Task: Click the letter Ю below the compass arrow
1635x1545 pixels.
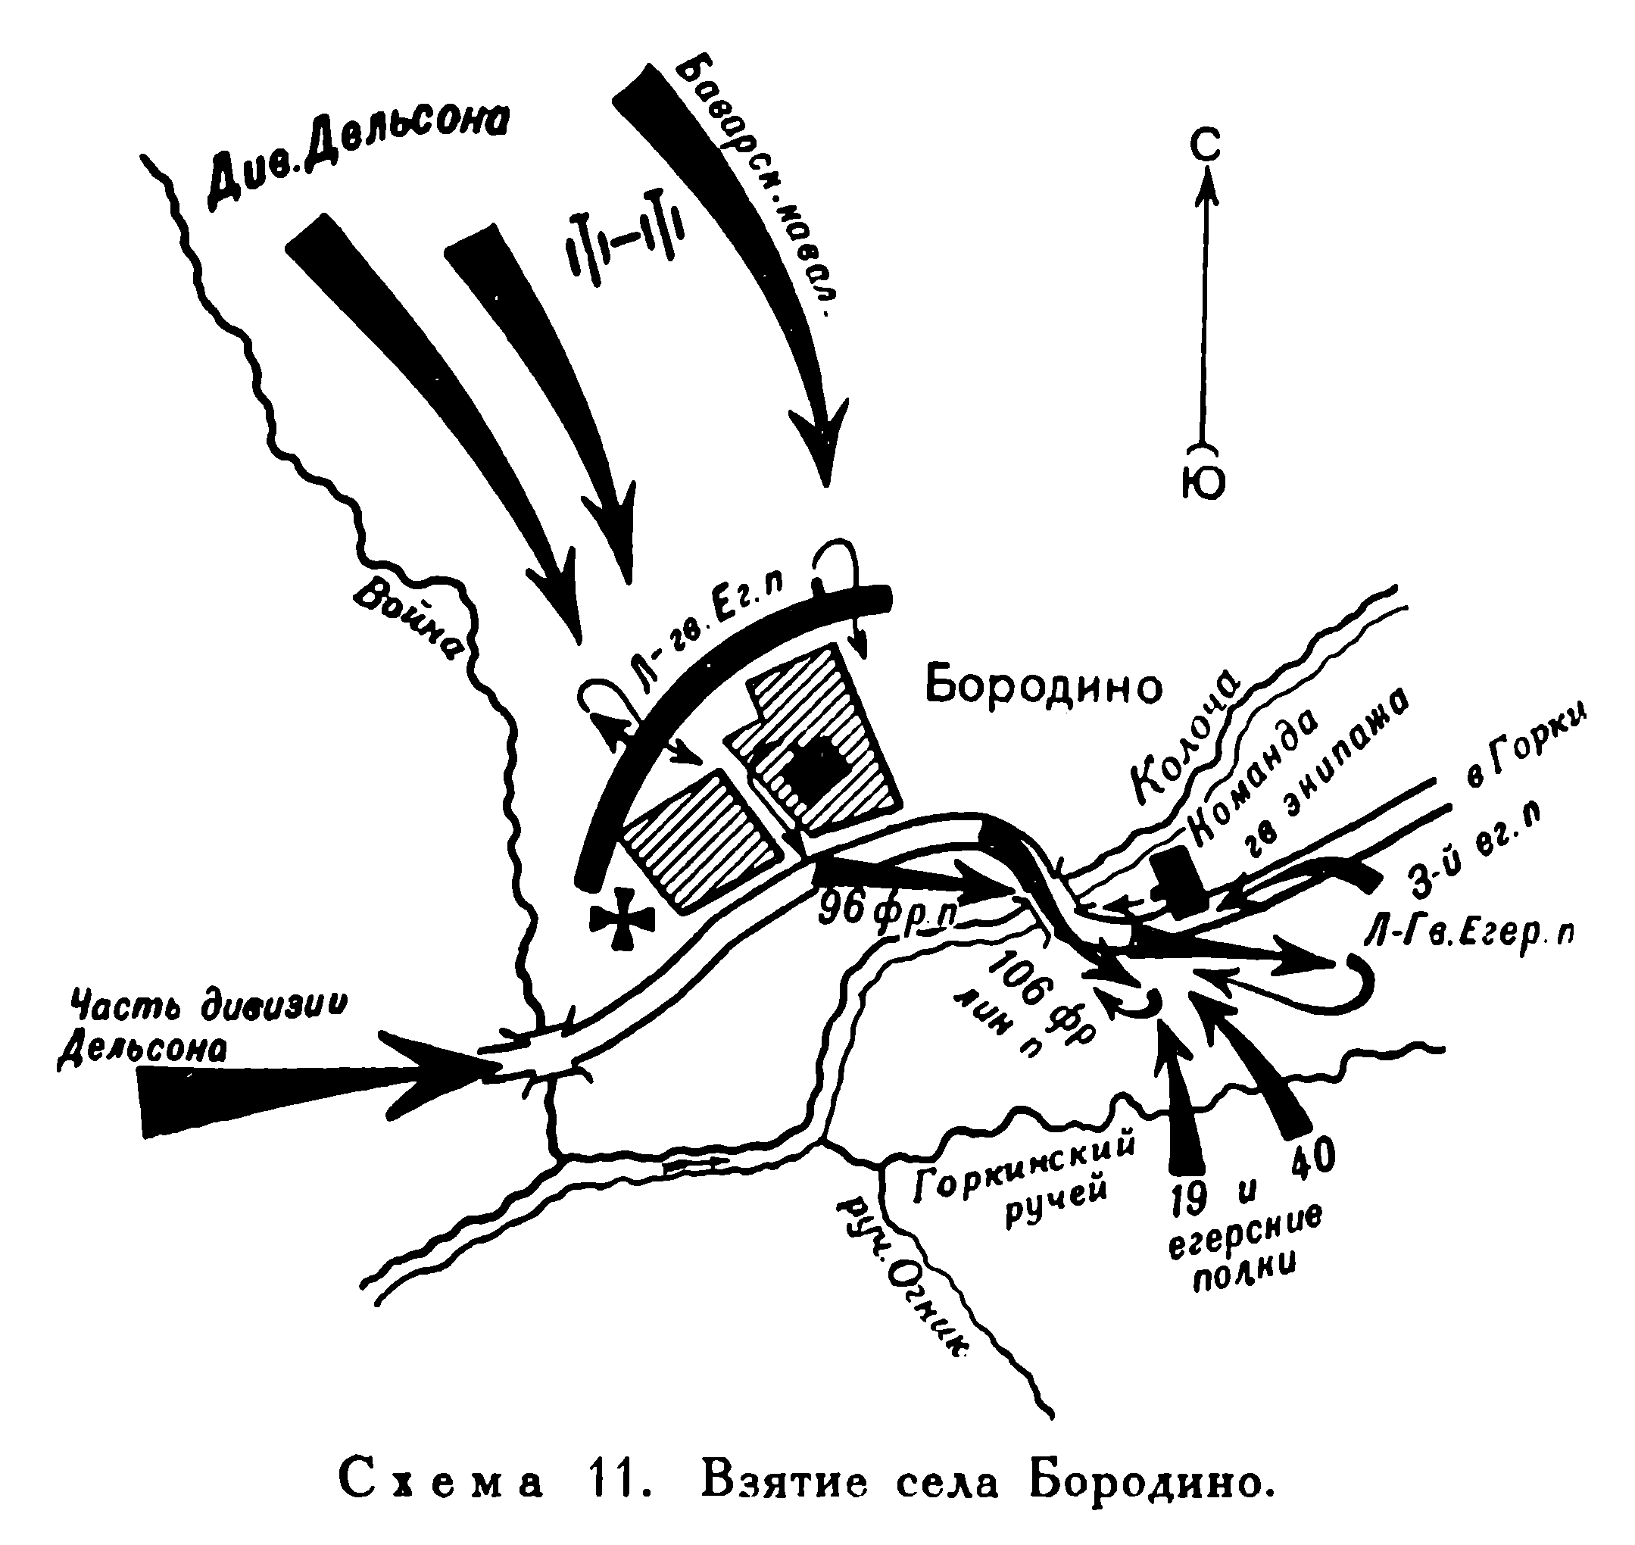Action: click(x=1203, y=483)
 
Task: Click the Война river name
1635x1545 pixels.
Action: click(x=407, y=618)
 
